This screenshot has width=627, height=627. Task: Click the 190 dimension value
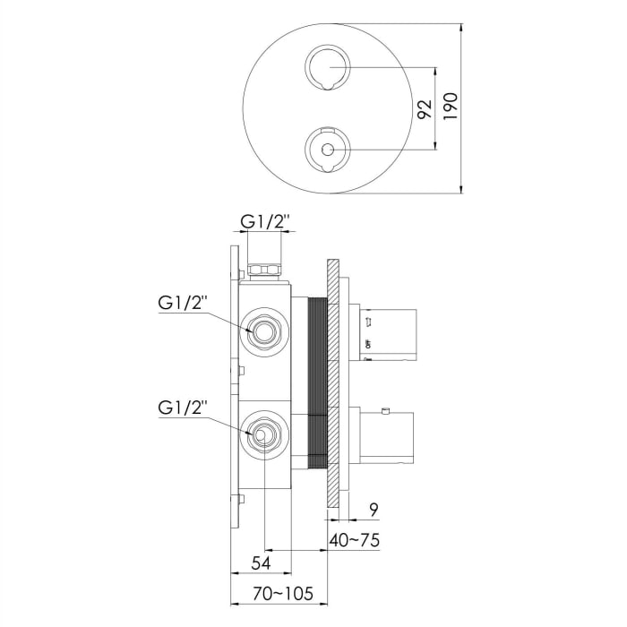pos(450,107)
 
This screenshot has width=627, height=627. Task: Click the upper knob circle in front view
pos(326,67)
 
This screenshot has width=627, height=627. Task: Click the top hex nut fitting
pos(264,268)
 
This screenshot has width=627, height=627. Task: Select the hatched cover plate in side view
pos(333,385)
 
